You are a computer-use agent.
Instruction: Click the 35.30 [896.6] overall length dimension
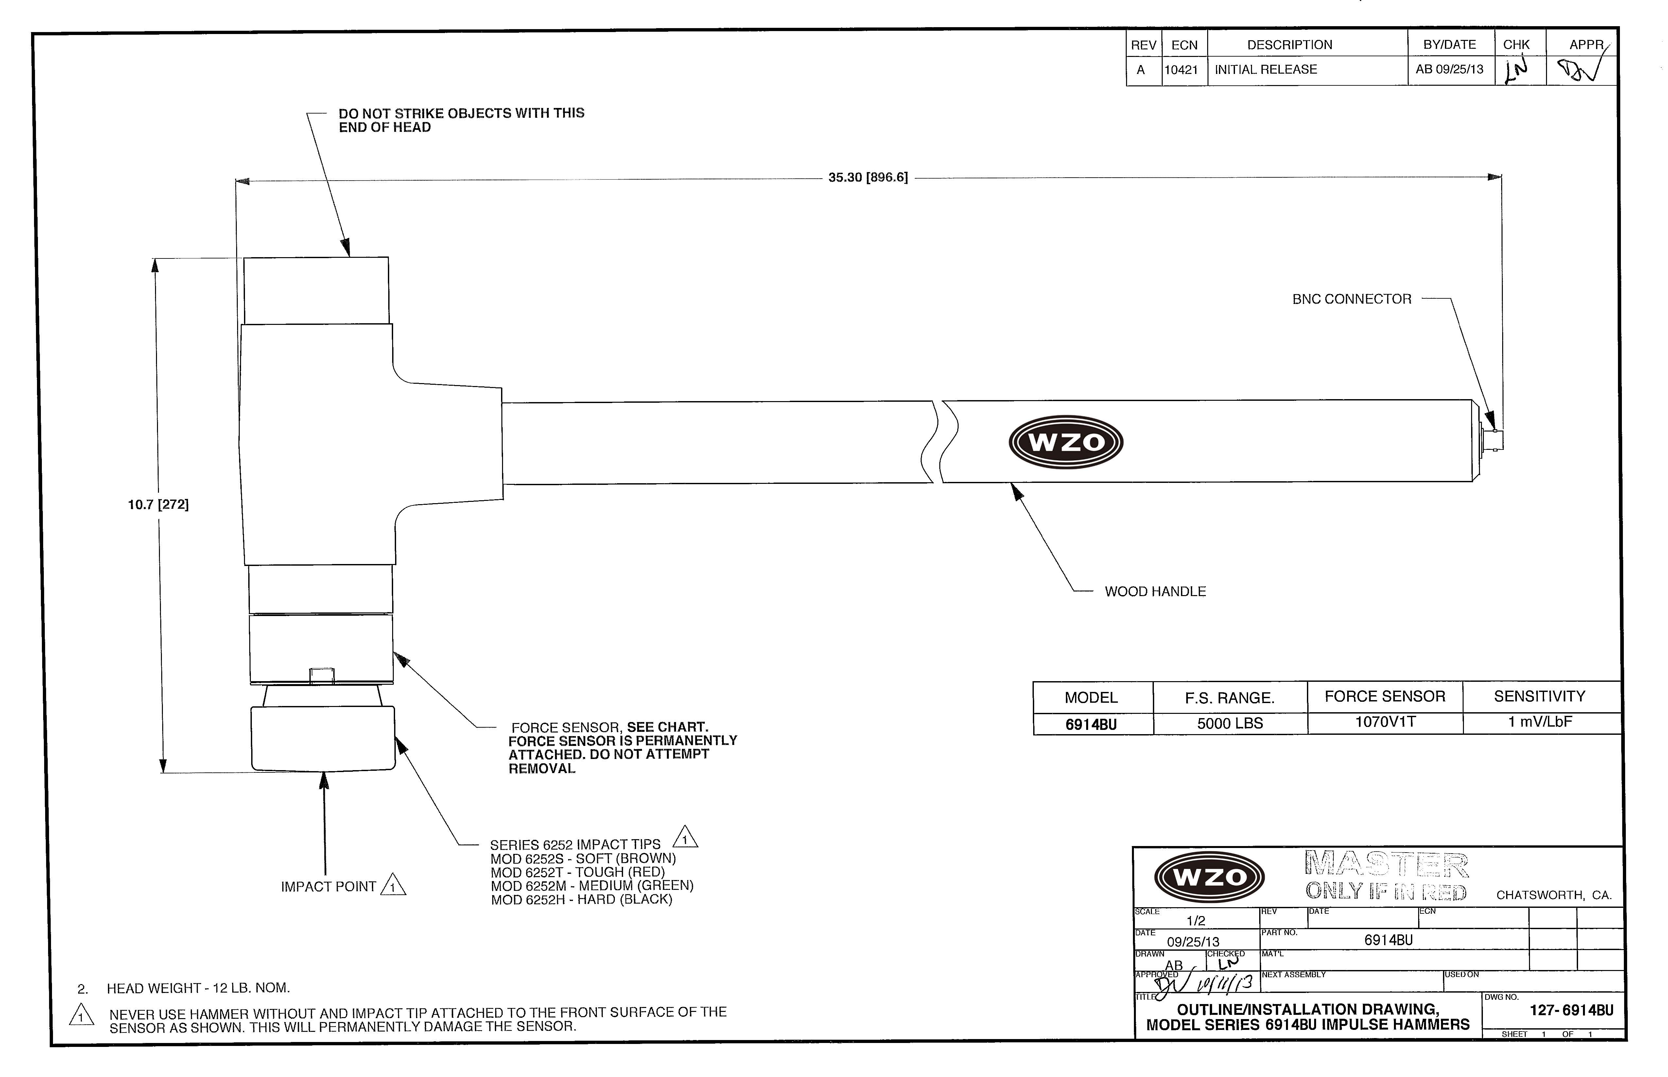click(x=868, y=178)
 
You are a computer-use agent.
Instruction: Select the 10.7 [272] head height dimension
click(x=158, y=504)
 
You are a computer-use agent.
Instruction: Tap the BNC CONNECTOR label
click(x=1351, y=299)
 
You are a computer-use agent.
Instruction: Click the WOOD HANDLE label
click(x=1155, y=591)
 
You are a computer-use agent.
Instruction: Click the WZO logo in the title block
click(x=1209, y=877)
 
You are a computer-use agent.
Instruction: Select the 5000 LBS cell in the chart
click(x=1230, y=723)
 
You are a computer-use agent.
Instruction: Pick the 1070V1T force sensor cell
click(x=1385, y=722)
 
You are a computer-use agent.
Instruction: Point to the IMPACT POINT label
click(x=329, y=887)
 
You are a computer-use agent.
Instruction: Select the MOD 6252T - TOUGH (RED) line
click(x=578, y=872)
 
